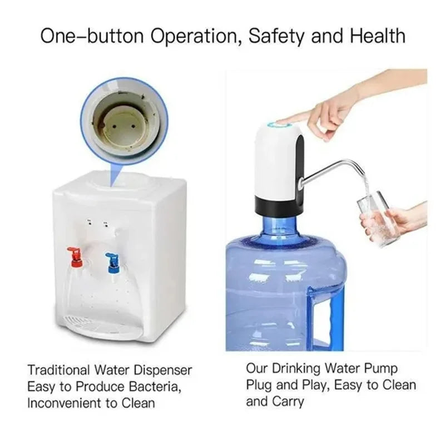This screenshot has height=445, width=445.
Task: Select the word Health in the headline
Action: coord(378,36)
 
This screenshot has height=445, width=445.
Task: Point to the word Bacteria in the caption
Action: coord(154,385)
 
